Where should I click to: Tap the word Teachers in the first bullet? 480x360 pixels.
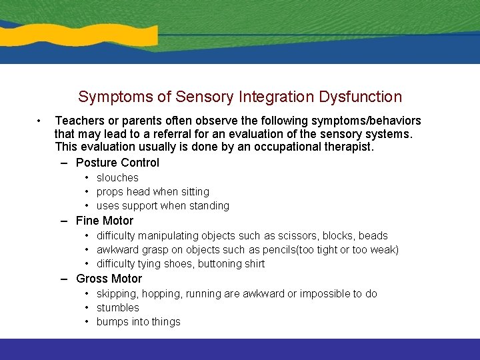[80, 121]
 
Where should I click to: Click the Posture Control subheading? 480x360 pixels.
[117, 163]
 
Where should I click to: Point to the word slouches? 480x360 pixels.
[117, 178]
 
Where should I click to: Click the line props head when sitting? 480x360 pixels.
[153, 192]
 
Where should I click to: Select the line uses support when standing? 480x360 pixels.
[163, 206]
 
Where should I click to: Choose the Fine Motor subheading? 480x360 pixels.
[105, 221]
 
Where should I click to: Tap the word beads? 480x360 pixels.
[373, 236]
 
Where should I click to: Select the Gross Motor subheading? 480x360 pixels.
[109, 279]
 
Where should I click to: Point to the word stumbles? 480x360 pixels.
[118, 308]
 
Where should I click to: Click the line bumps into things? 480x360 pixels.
[138, 322]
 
